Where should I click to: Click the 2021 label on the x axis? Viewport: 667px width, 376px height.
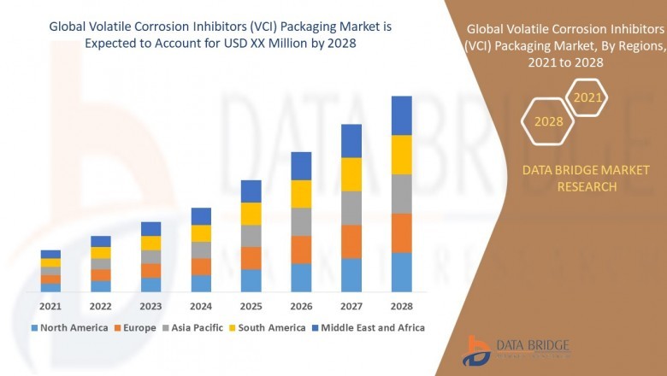[x=50, y=306]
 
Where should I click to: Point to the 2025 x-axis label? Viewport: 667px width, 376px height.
[x=251, y=306]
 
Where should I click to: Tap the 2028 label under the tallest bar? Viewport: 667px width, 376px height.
[x=401, y=306]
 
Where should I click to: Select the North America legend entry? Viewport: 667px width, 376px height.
[x=69, y=327]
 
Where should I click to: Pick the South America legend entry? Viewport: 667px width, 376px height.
[x=269, y=327]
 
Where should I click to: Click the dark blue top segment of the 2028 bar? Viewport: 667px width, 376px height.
[x=401, y=115]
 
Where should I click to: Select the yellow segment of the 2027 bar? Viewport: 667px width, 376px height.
[x=351, y=174]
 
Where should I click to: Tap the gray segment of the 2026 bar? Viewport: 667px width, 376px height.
[x=301, y=221]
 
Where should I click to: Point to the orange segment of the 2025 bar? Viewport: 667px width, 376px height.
[x=251, y=258]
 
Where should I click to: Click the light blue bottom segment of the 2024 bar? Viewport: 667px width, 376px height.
[x=201, y=283]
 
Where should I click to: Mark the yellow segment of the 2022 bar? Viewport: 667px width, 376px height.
[x=101, y=252]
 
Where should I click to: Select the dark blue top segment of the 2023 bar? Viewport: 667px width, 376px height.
[x=151, y=228]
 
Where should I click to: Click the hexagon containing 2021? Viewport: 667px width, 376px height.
[x=587, y=98]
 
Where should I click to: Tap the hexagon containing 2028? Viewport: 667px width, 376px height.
[x=548, y=121]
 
